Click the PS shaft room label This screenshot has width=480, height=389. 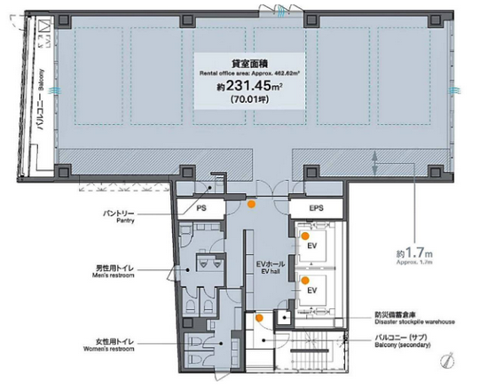(x=201, y=208)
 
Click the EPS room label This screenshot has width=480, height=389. (x=316, y=208)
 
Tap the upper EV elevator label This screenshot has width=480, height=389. (x=312, y=245)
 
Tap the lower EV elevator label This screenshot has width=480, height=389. (x=312, y=291)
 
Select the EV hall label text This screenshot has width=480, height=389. (x=271, y=267)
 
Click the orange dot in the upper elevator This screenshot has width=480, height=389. (x=305, y=236)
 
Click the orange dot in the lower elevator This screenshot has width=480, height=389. (x=305, y=280)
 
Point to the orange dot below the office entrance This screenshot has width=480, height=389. (x=252, y=205)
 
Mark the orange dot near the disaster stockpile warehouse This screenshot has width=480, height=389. (x=259, y=318)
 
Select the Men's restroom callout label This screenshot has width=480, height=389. (x=114, y=271)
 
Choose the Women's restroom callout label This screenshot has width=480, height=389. (x=108, y=345)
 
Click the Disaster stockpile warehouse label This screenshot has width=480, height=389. (x=414, y=318)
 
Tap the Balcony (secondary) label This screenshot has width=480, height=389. (x=403, y=341)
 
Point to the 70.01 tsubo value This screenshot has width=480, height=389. (x=250, y=99)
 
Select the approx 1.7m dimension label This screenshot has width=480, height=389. (x=414, y=256)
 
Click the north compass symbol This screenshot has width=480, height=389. (x=447, y=360)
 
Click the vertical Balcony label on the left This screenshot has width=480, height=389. (x=41, y=99)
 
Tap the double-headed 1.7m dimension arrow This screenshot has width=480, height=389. (x=374, y=164)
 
